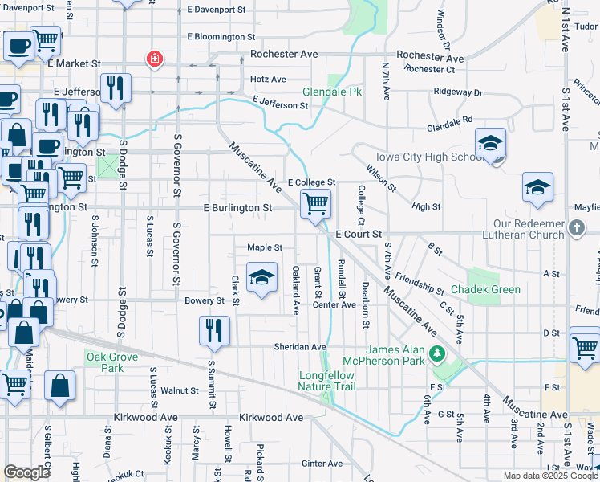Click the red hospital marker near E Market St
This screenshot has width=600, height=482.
point(153,59)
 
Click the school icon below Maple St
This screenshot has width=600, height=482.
point(261,278)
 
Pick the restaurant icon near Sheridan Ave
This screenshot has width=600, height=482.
point(214,330)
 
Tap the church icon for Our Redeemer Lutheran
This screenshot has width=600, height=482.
point(576,229)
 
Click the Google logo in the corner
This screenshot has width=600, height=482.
point(26,472)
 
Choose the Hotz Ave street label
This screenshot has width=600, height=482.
point(268,80)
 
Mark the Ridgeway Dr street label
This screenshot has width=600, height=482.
point(458,92)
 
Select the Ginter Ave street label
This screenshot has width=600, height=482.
point(322,464)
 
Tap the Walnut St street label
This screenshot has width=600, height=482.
point(179,391)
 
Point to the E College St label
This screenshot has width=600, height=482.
point(311,183)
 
